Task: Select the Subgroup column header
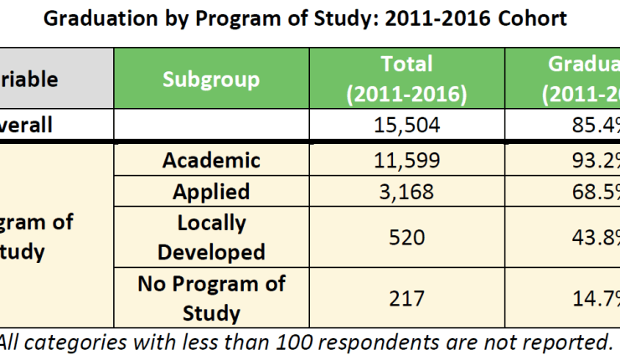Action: click(211, 80)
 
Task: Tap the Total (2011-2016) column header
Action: click(406, 80)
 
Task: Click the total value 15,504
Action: click(406, 126)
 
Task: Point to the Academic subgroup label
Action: click(211, 160)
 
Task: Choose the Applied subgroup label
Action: click(211, 192)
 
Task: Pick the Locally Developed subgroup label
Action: click(211, 238)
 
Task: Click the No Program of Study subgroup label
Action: click(211, 298)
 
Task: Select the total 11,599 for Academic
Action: click(406, 160)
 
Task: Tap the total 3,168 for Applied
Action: click(406, 192)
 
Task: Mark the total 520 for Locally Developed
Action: click(406, 238)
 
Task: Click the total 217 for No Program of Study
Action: click(406, 298)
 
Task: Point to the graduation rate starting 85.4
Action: click(590, 126)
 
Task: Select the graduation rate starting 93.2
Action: click(590, 160)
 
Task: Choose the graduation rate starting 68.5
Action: click(590, 192)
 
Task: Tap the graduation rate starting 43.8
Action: click(590, 238)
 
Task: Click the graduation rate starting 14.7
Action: click(590, 298)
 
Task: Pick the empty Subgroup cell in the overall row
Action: click(211, 126)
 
